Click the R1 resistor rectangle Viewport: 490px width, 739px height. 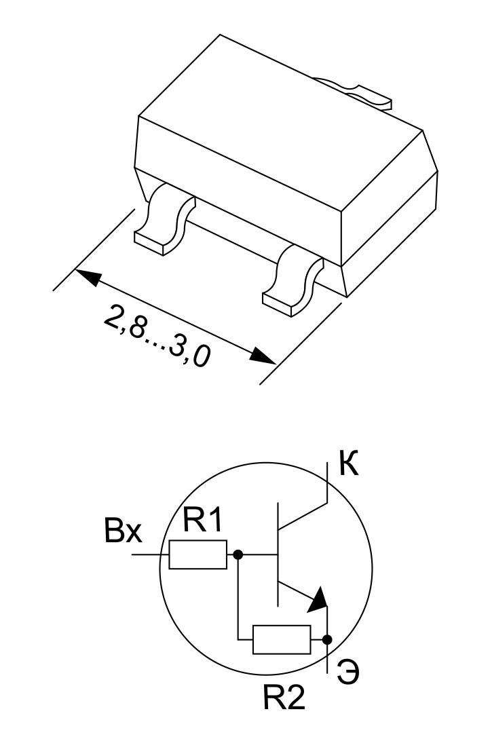tap(198, 554)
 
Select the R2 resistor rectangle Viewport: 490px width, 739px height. tap(282, 639)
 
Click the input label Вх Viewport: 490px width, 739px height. tap(123, 531)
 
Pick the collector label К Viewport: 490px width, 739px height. tap(349, 463)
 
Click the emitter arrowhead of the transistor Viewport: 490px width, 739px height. tap(318, 599)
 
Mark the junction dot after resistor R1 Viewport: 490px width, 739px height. tap(238, 554)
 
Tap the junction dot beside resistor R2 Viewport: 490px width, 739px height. tap(327, 639)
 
